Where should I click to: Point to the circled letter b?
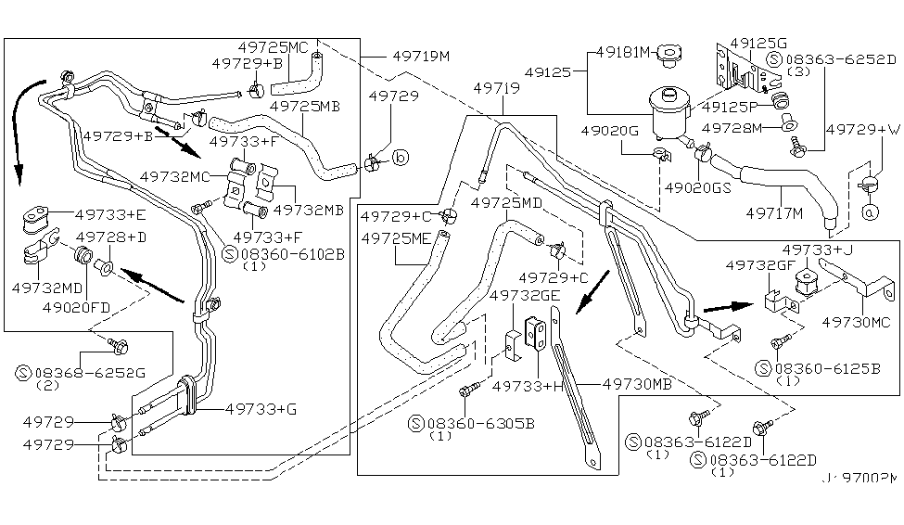tap(401, 159)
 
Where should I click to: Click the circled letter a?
tap(870, 211)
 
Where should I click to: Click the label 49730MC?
tap(856, 322)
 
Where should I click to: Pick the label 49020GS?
tap(697, 186)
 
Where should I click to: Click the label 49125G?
tap(758, 44)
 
